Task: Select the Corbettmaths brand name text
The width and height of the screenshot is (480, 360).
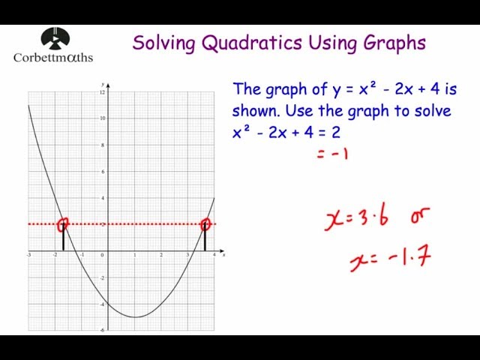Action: [x=53, y=57]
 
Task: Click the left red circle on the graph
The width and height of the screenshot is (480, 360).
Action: [x=63, y=223]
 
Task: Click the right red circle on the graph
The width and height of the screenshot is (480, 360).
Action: [x=205, y=223]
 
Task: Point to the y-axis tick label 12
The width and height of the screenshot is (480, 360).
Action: [x=102, y=91]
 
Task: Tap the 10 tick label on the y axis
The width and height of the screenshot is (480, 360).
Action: [x=102, y=118]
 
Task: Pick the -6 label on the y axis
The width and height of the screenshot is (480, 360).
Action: [x=102, y=330]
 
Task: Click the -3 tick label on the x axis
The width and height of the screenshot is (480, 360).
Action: [x=28, y=256]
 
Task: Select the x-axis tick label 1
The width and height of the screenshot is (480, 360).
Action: [x=134, y=256]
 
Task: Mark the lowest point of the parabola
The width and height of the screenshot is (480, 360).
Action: [x=135, y=316]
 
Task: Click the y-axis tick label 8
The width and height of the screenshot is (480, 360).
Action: [x=103, y=145]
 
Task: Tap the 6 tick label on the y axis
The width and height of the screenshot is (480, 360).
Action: [x=103, y=171]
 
